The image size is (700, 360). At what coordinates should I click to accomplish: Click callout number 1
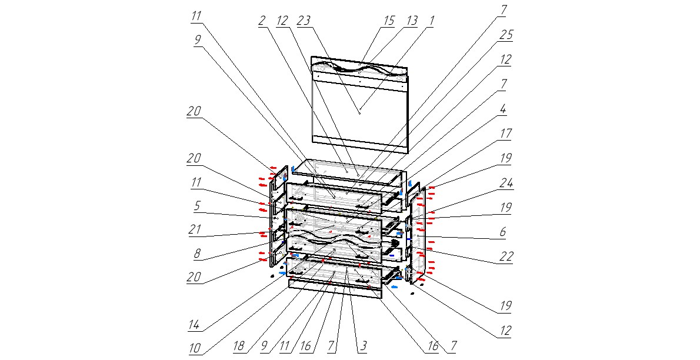[432, 21]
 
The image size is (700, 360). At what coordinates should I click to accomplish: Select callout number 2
[262, 21]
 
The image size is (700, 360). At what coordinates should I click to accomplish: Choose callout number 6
[503, 232]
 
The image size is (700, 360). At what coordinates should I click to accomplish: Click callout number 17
[506, 133]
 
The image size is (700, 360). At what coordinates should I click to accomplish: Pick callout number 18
[239, 345]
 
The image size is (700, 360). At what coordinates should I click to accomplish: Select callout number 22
[506, 256]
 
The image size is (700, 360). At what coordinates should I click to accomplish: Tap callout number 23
[305, 21]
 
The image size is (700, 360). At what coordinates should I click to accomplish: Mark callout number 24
[506, 183]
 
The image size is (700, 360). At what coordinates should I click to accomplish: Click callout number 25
[506, 34]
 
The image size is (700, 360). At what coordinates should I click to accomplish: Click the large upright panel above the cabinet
[359, 105]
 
